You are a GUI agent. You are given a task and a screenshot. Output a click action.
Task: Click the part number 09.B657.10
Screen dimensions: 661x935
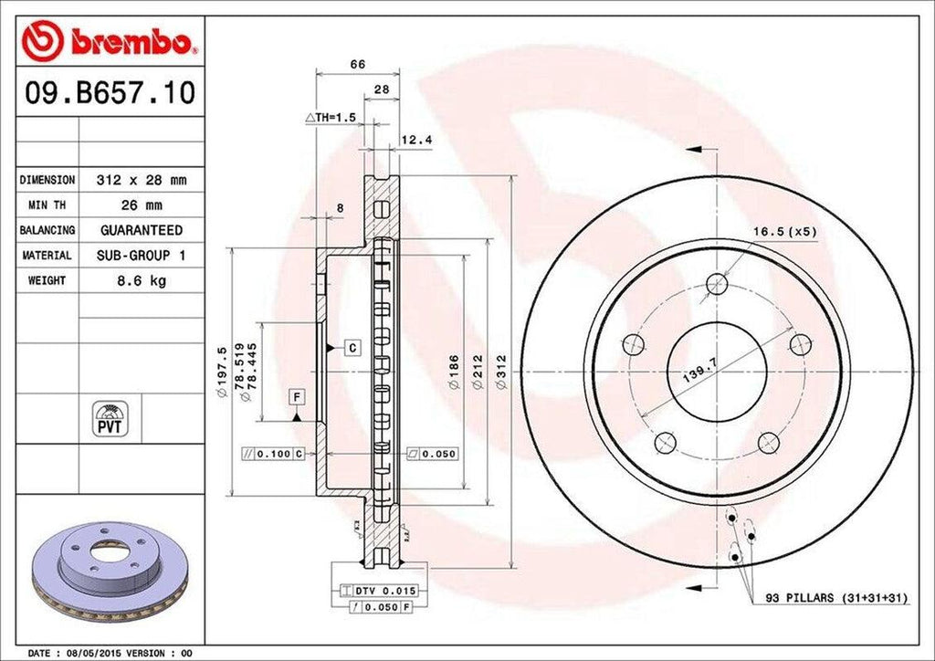[x=108, y=94]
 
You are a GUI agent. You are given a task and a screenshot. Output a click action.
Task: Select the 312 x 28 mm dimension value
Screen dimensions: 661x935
[x=141, y=181]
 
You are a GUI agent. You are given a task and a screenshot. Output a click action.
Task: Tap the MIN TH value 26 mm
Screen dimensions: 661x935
[x=141, y=205]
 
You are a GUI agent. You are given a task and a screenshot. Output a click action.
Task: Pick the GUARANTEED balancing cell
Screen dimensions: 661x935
[x=141, y=230]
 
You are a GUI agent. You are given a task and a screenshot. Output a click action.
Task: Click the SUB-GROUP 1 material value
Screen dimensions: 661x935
[x=141, y=256]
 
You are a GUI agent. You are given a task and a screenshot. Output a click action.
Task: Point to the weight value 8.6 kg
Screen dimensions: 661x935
[x=141, y=281]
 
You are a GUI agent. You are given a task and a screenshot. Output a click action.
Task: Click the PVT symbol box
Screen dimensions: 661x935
[x=110, y=418]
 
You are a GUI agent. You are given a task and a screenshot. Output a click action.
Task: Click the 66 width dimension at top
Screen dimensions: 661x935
[x=358, y=64]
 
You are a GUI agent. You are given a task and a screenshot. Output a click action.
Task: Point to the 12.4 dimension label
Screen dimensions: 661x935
[x=415, y=140]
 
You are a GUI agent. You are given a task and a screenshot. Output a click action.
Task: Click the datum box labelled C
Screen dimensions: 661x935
[x=350, y=347]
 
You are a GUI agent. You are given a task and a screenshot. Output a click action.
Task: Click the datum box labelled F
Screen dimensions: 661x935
[x=297, y=395]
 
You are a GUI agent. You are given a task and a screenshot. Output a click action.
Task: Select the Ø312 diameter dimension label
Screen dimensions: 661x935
[x=499, y=374]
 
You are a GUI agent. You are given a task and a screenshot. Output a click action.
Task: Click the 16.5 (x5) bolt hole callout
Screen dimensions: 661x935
[x=783, y=232]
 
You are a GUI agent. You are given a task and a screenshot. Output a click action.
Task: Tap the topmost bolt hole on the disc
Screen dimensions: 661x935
[x=717, y=283]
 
